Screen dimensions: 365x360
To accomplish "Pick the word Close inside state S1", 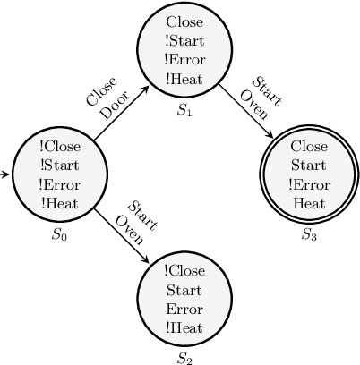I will click(184, 21).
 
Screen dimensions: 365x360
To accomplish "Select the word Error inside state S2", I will click(184, 309).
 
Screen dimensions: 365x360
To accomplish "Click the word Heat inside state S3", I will click(308, 203).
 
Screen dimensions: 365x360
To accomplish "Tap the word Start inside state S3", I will click(308, 166).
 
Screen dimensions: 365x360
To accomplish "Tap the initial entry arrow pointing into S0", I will click(7, 175).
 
